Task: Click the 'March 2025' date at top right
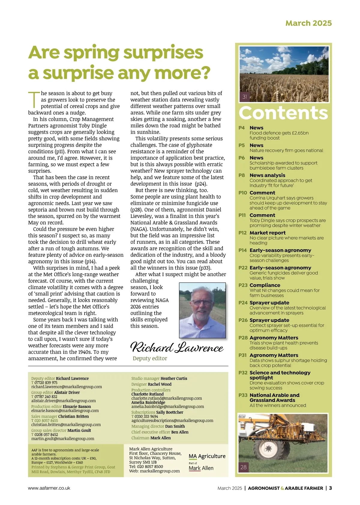(308, 23)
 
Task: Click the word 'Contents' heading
(283, 113)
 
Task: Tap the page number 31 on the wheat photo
(245, 97)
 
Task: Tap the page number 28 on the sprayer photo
(244, 467)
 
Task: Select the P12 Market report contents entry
(268, 233)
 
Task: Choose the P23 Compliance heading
(265, 285)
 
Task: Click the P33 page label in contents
(243, 395)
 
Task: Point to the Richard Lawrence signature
(177, 347)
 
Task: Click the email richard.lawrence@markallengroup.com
(67, 387)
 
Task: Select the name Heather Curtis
(174, 378)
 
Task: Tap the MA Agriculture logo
(207, 456)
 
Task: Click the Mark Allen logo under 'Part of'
(201, 468)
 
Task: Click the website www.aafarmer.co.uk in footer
(49, 488)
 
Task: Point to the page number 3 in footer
(330, 488)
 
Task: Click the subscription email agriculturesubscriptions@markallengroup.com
(172, 421)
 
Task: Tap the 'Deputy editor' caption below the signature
(150, 358)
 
